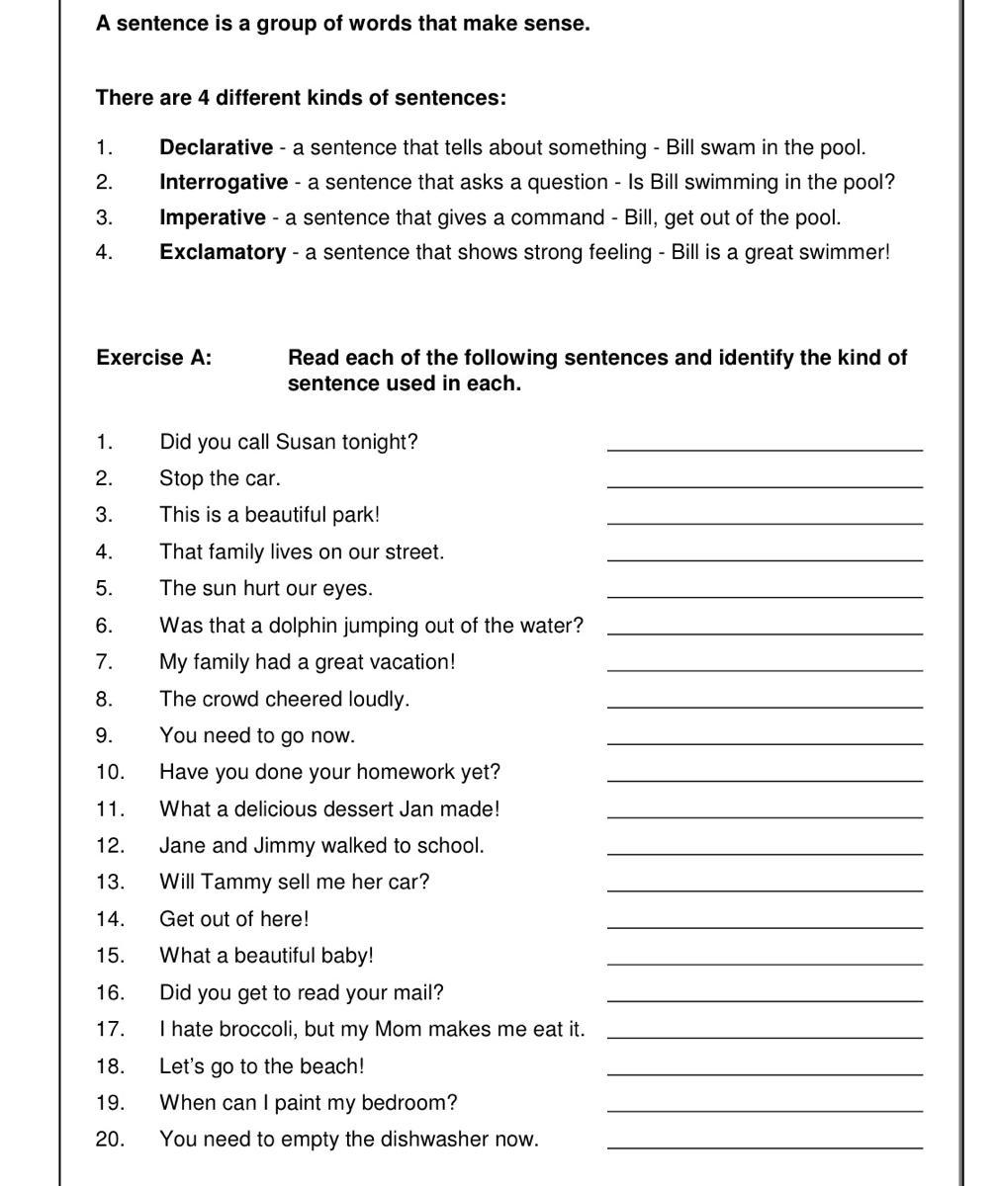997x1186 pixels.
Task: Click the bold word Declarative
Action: pyautogui.click(x=216, y=148)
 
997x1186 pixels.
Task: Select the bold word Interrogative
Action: pyautogui.click(x=224, y=183)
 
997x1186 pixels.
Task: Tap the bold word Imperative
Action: pyautogui.click(x=213, y=217)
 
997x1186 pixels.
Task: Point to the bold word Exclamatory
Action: pyautogui.click(x=223, y=252)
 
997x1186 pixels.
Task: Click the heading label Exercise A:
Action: pyautogui.click(x=153, y=358)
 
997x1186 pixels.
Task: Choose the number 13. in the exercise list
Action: pyautogui.click(x=110, y=882)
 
